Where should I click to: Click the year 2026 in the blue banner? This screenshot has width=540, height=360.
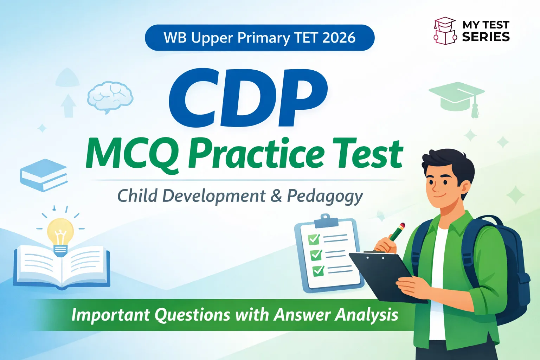click(339, 38)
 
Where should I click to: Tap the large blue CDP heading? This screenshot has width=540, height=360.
click(248, 98)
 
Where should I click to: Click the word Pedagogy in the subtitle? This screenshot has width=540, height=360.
click(325, 196)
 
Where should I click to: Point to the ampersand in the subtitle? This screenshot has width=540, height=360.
click(276, 196)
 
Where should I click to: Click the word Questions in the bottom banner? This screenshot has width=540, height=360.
click(192, 315)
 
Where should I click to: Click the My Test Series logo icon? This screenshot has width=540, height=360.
click(445, 31)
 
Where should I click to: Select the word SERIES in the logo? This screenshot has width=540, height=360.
click(486, 37)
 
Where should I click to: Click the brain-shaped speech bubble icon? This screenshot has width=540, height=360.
click(110, 97)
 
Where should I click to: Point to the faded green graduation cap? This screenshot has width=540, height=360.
click(457, 97)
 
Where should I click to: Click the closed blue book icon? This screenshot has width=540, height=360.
click(44, 175)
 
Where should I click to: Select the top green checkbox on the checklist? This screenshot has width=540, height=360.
click(314, 239)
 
